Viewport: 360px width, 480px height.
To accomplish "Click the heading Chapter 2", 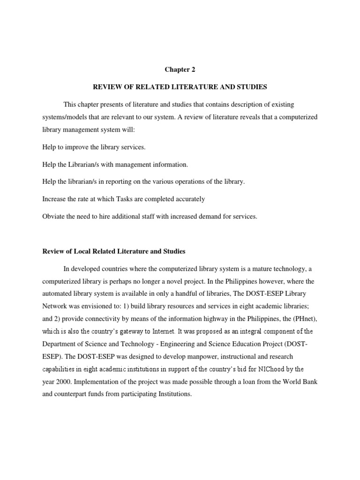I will pos(180,70).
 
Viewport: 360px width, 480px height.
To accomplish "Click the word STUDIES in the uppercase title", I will pos(249,87).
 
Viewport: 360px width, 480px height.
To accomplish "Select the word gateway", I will pos(135,331).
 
